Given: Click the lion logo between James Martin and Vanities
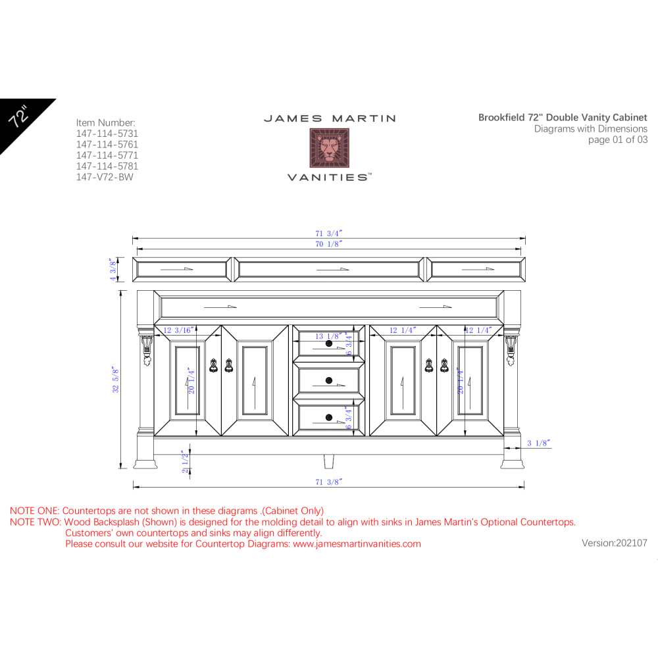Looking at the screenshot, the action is click(330, 148).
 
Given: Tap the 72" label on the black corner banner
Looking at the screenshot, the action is click(19, 116).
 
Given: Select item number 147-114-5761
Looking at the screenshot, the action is click(107, 144).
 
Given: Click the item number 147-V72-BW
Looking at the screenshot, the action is click(105, 177).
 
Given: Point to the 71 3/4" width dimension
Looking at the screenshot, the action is click(329, 234).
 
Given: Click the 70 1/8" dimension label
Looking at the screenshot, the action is click(329, 244).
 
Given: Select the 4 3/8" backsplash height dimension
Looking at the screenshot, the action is click(113, 269).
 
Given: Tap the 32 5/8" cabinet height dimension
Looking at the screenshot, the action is click(116, 380).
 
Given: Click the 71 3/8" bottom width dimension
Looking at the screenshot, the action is click(329, 482).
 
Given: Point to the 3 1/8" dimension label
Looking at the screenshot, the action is click(539, 443).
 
